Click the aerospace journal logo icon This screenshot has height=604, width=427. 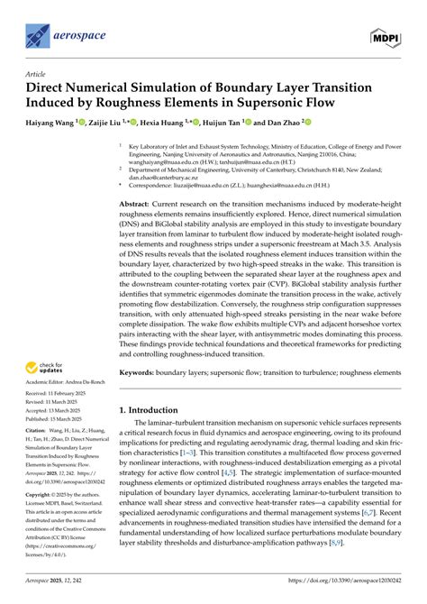(39, 35)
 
